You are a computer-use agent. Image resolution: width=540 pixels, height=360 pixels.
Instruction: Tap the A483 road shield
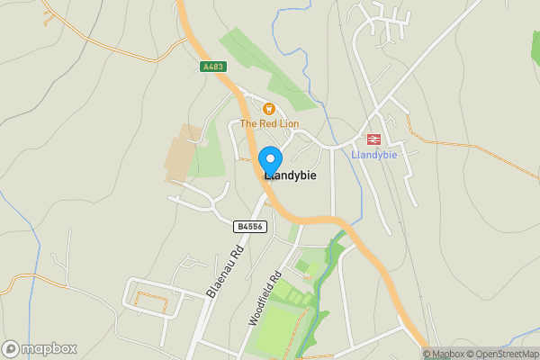212,67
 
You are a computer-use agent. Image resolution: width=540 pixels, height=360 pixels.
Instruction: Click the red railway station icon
372,139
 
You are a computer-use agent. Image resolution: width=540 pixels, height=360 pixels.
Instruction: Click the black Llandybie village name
290,176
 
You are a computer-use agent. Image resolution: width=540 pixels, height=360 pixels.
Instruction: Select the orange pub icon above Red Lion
243,107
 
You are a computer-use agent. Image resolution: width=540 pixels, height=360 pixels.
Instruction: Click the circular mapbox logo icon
12,348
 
